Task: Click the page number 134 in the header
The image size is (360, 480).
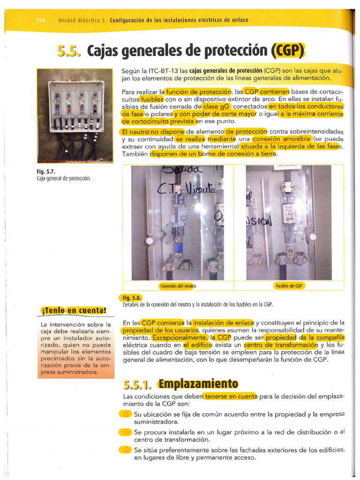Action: (x=41, y=20)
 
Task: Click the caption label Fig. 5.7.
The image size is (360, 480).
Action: (x=44, y=172)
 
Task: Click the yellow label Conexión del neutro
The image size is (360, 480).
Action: (x=178, y=285)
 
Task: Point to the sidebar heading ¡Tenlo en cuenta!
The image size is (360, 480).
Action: (x=73, y=310)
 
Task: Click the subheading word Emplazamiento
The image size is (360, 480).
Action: (x=198, y=384)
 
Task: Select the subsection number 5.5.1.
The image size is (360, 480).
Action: (x=137, y=385)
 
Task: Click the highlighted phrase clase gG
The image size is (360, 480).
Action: (x=216, y=106)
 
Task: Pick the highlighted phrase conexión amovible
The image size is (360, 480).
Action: (x=282, y=139)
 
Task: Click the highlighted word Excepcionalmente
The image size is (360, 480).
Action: (x=180, y=337)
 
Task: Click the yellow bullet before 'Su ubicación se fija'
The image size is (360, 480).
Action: (x=126, y=414)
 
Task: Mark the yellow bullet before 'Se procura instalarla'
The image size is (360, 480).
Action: (x=126, y=432)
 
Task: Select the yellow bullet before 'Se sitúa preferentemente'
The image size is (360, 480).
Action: (x=126, y=450)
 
